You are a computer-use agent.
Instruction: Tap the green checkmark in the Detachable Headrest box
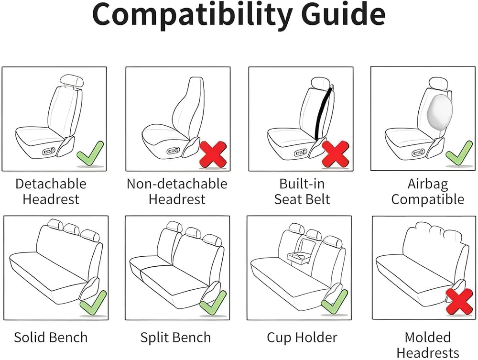coord(90,153)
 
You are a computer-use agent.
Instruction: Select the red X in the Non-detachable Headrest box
coord(213,154)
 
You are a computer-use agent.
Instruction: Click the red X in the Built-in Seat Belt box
coord(336,153)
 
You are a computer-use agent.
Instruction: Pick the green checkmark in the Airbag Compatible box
coord(459,153)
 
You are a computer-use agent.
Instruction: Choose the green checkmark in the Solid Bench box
coord(93,303)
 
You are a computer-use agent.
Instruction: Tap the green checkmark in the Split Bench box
coord(213,303)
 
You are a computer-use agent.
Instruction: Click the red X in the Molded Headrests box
coord(459,302)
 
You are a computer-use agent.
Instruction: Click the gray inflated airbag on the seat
coord(440,111)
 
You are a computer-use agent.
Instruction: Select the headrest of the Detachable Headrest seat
coord(72,81)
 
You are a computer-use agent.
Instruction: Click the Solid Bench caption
coord(51,338)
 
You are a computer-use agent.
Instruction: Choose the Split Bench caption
coord(175,338)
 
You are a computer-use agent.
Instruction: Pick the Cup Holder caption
coord(302,338)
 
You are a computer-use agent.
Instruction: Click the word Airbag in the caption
coord(428,184)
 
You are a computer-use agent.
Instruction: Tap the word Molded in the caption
coord(428,338)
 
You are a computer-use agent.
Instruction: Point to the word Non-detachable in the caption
coord(177,184)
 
